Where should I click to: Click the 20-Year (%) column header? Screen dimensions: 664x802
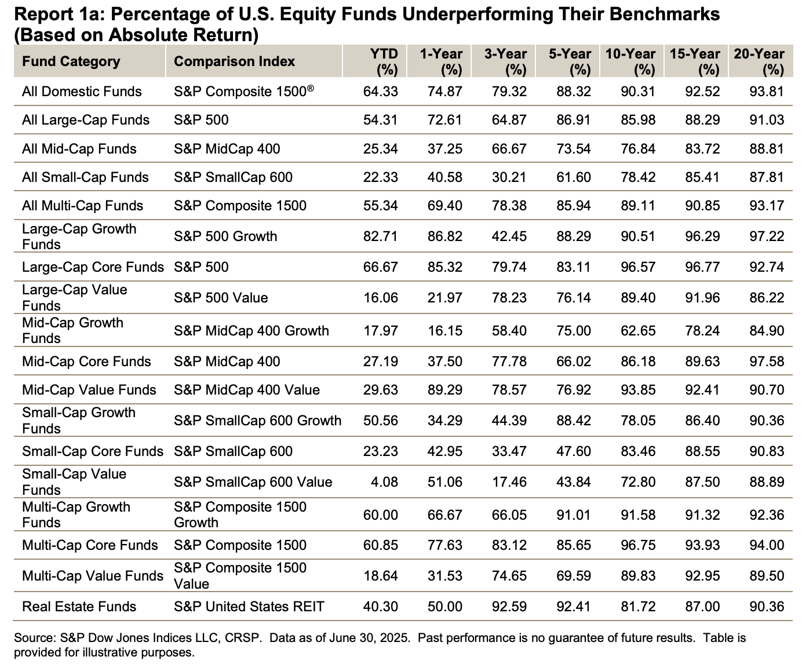click(x=759, y=61)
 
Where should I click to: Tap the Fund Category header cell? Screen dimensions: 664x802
click(x=71, y=61)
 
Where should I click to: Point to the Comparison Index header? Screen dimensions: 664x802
click(x=234, y=61)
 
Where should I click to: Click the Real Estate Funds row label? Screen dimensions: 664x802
click(x=79, y=607)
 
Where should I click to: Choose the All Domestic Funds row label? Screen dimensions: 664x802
click(x=82, y=92)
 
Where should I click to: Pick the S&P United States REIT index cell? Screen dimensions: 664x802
click(x=249, y=607)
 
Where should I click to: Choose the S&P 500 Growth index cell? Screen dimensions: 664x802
click(x=225, y=236)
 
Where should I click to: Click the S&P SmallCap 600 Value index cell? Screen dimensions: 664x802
click(x=253, y=482)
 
